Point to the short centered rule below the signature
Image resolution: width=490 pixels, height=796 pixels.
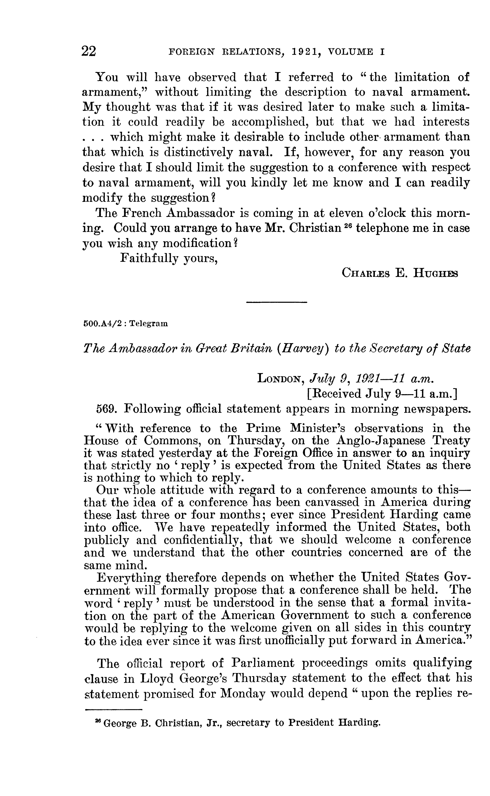pos(277,303)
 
